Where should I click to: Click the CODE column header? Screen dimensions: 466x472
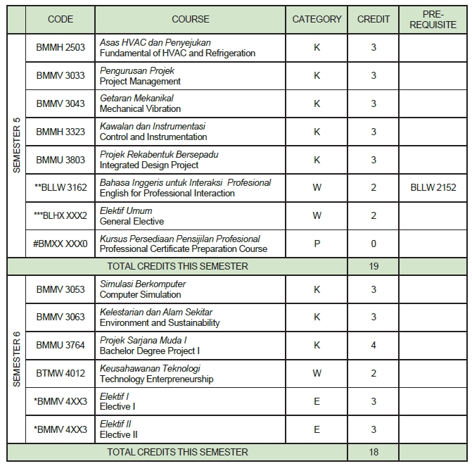[60, 19]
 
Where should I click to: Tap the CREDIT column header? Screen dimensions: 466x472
[374, 19]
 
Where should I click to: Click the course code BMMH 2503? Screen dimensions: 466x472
[60, 47]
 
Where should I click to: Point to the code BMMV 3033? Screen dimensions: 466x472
[60, 75]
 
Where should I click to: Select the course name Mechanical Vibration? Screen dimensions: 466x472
[140, 109]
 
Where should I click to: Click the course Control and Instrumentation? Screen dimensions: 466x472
[153, 137]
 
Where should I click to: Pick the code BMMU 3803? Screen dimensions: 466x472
[60, 160]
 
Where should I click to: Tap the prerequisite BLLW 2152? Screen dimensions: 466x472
[433, 188]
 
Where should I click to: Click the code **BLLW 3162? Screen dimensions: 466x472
[60, 188]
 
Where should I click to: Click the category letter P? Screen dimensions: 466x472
[317, 244]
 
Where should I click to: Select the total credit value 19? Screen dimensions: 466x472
[374, 266]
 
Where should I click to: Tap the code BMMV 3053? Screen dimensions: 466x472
[60, 289]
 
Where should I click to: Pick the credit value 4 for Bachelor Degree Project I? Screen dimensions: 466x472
[374, 345]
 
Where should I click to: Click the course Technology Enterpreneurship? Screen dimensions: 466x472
[156, 379]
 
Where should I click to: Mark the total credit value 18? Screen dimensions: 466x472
[374, 452]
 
